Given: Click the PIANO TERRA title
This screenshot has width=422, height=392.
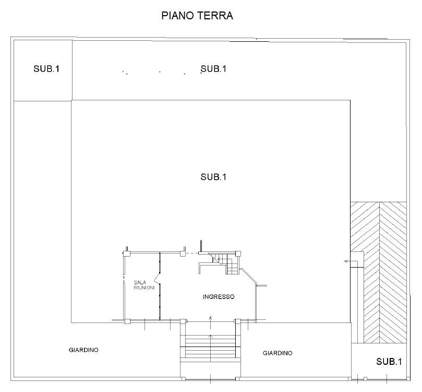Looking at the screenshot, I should [197, 16].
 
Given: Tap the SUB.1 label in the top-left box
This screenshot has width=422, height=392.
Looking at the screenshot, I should [46, 68].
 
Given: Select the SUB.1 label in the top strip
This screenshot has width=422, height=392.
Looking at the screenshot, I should [213, 68].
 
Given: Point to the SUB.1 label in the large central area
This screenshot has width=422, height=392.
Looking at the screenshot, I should [213, 177].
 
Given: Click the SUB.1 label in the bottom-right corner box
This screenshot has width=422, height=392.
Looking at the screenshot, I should [389, 361].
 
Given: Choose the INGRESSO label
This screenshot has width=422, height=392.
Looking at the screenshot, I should [219, 297].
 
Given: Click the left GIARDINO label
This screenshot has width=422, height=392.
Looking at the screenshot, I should [83, 350].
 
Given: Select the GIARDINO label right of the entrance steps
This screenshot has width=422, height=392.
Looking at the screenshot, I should [277, 353].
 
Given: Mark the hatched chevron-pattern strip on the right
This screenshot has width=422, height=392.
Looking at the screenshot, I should [379, 272].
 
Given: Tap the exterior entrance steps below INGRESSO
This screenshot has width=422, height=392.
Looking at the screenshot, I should [210, 348].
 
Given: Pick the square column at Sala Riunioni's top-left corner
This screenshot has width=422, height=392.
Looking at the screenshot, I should [125, 253].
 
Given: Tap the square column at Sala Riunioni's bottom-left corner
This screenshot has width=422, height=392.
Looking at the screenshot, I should [125, 320].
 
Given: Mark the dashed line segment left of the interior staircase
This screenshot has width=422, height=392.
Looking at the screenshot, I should [192, 253].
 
